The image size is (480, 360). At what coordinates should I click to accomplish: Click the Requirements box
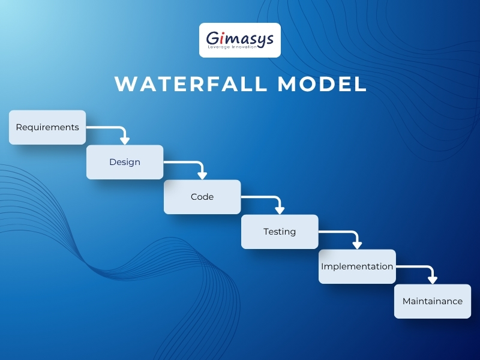[x=47, y=127]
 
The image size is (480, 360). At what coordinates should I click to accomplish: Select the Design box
[x=125, y=162]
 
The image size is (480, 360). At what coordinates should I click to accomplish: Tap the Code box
[x=202, y=197]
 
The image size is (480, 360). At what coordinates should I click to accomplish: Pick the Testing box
[x=280, y=232]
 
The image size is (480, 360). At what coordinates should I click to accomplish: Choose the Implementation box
[x=357, y=266]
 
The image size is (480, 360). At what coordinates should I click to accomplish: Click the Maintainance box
[x=433, y=301]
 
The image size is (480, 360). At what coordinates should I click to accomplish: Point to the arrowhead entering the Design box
[x=125, y=140]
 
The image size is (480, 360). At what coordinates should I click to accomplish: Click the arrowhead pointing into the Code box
[x=202, y=175]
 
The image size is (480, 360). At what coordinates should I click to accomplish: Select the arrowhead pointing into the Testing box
[x=280, y=210]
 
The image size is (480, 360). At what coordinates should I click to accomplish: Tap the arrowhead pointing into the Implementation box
[x=357, y=245]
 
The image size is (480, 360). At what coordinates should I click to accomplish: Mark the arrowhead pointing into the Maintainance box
[x=433, y=280]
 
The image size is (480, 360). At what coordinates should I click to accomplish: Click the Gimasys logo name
[x=240, y=38]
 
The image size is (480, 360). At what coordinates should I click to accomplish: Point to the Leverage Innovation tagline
[x=240, y=47]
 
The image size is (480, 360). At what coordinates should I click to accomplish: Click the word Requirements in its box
[x=47, y=127]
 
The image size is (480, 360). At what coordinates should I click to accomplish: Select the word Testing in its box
[x=280, y=232]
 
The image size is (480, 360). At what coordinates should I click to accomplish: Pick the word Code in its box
[x=202, y=197]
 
